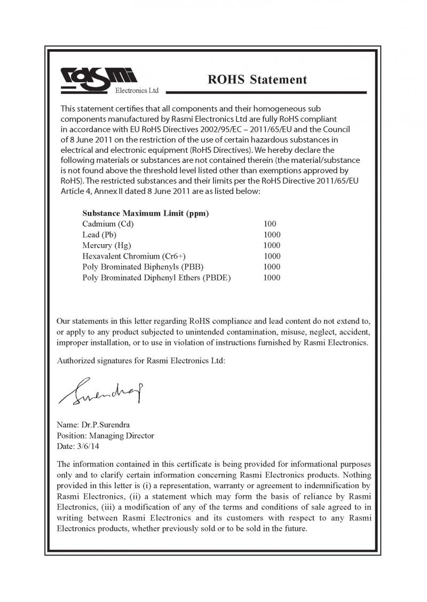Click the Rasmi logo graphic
click(x=99, y=79)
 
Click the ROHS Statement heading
click(x=257, y=80)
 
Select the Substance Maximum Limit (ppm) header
click(x=145, y=213)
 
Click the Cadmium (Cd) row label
click(x=108, y=224)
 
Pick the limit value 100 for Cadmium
click(x=270, y=224)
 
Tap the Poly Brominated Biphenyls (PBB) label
click(x=143, y=267)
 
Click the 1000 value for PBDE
click(x=272, y=277)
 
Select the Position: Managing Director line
click(x=105, y=435)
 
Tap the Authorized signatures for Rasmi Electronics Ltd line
click(x=141, y=361)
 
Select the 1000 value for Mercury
click(x=272, y=245)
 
